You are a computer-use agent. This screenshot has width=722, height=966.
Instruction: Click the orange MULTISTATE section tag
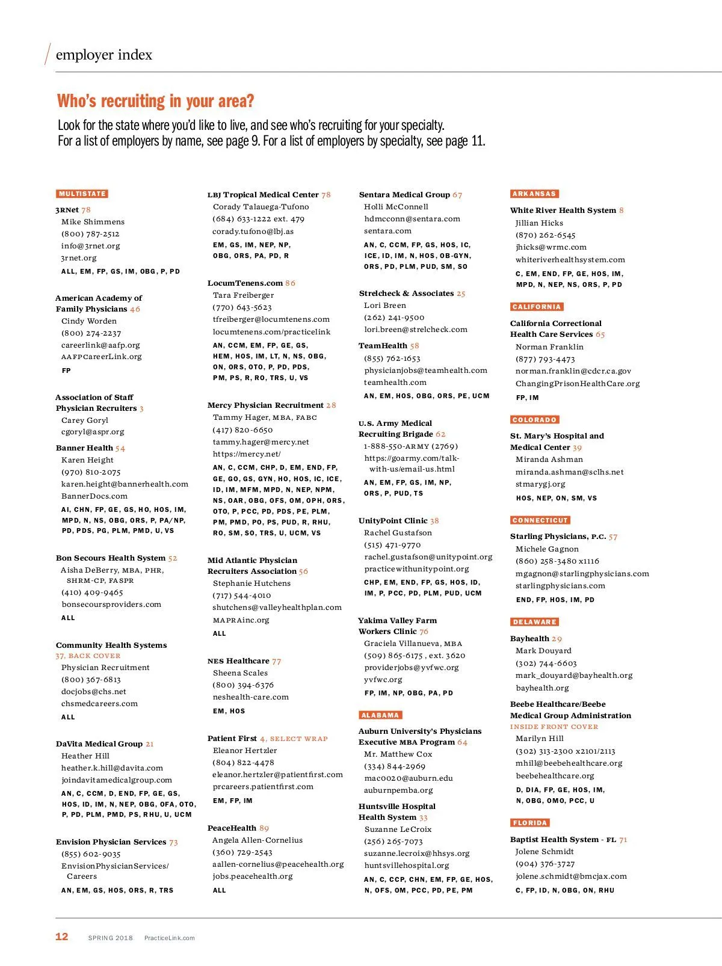pos(82,194)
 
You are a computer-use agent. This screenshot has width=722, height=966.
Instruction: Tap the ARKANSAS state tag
pos(534,194)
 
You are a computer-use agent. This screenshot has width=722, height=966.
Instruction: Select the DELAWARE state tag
pos(535,622)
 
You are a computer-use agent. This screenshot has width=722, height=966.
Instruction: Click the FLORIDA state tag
pos(530,823)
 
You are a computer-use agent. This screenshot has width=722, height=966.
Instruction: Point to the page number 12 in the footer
pos(62,937)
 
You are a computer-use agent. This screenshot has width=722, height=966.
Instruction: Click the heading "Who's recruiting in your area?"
pos(155,101)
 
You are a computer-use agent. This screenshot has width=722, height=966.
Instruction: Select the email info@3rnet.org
pos(90,246)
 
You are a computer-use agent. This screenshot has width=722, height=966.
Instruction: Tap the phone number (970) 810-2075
pos(91,472)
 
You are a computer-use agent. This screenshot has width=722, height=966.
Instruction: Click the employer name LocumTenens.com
pos(245,283)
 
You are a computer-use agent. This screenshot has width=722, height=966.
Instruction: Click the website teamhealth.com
pos(395,383)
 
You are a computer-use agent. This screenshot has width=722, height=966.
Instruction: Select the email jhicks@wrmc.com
pos(551,247)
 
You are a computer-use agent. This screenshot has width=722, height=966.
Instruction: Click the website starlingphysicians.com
pos(560,586)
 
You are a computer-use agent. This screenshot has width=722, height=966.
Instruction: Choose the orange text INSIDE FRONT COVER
pos(554,727)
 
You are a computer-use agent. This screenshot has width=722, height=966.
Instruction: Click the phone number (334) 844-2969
pos(394,766)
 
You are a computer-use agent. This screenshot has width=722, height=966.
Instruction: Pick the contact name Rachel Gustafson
pos(398,533)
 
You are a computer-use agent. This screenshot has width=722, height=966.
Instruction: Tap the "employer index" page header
pos(104,55)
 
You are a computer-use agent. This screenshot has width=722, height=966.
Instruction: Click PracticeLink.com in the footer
pos(170,938)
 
